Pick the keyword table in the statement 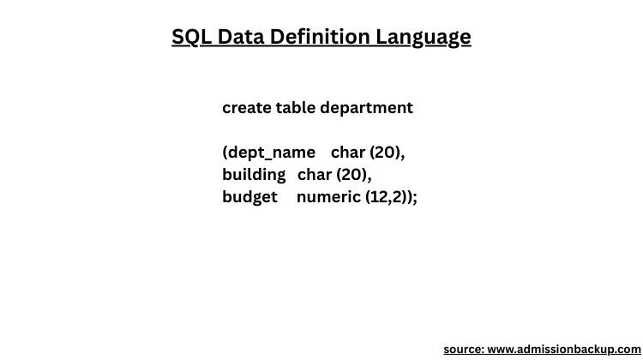pyautogui.click(x=295, y=108)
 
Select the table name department pyautogui.click(x=366, y=108)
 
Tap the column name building pyautogui.click(x=254, y=175)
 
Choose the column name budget pyautogui.click(x=249, y=197)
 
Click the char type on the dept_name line pyautogui.click(x=348, y=153)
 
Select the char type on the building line pyautogui.click(x=315, y=175)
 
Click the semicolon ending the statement pyautogui.click(x=415, y=198)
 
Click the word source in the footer pyautogui.click(x=463, y=350)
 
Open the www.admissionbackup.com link pyautogui.click(x=563, y=350)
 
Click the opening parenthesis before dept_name pyautogui.click(x=225, y=153)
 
